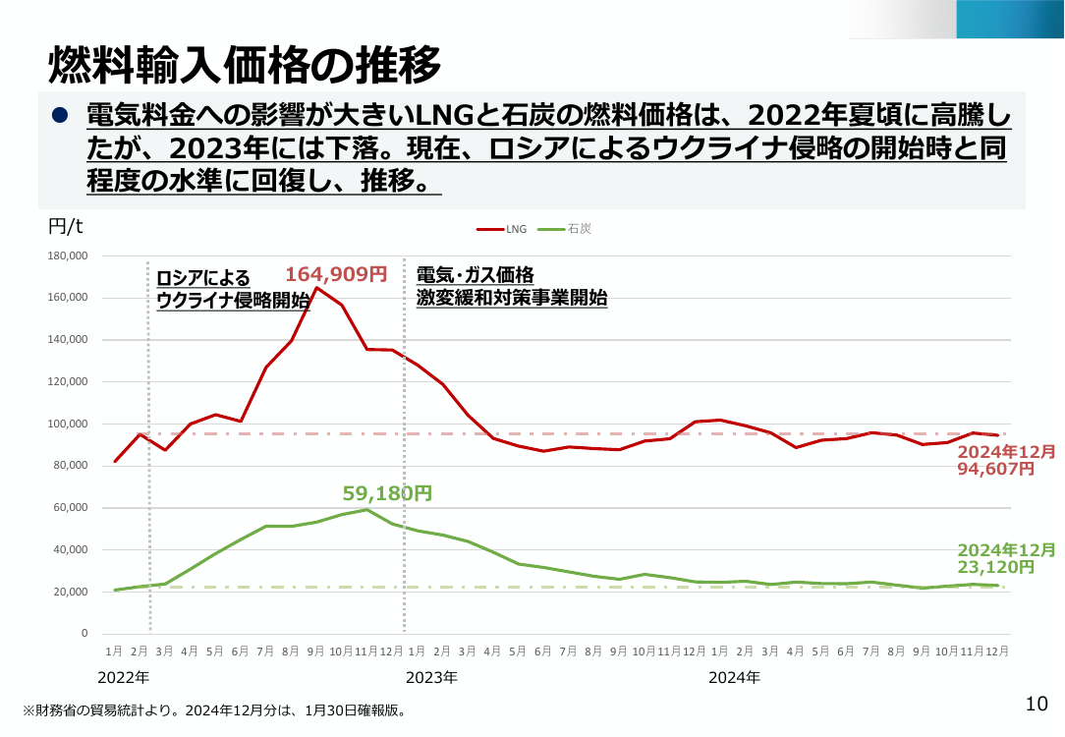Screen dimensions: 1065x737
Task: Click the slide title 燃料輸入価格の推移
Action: pos(246,65)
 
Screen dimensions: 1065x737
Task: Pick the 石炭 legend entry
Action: pos(564,229)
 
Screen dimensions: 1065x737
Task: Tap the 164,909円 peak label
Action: pos(336,274)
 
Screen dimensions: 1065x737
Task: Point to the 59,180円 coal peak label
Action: pos(387,493)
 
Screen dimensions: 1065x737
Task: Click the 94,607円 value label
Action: pos(995,469)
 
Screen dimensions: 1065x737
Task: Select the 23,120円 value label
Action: pos(995,566)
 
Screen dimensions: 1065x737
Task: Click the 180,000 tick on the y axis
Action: pos(68,256)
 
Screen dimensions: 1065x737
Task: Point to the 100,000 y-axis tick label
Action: pos(68,424)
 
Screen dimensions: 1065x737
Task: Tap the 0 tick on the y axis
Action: pos(84,633)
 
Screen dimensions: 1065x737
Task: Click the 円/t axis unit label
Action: pos(65,226)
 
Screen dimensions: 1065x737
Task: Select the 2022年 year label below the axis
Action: pos(124,677)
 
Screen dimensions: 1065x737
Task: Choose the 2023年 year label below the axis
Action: pos(432,677)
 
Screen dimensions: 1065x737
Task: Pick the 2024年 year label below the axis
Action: pos(734,677)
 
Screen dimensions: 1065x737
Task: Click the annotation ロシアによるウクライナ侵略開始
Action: pos(233,289)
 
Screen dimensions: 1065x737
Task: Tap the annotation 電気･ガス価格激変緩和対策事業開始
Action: pos(512,286)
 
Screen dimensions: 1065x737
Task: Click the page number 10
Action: pos(1037,704)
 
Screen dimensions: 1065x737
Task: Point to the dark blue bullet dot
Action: pos(60,116)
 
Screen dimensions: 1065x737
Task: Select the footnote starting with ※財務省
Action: pos(214,711)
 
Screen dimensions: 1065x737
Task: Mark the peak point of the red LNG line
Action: pos(316,287)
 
